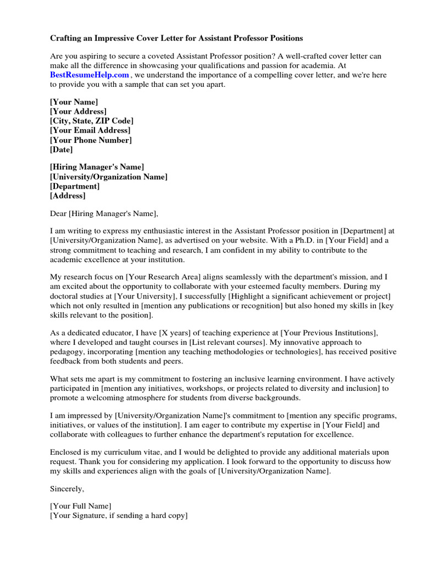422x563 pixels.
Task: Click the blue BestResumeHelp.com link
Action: point(90,75)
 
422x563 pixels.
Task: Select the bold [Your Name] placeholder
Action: point(74,102)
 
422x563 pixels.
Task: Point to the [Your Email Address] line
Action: point(90,130)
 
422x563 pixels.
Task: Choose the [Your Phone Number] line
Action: point(91,140)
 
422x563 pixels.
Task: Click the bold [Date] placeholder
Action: point(61,149)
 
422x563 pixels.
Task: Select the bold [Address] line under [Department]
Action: point(68,195)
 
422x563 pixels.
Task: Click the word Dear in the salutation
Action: point(58,213)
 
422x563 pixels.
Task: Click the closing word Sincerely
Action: point(67,487)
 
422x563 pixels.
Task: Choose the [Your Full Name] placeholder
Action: point(80,506)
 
